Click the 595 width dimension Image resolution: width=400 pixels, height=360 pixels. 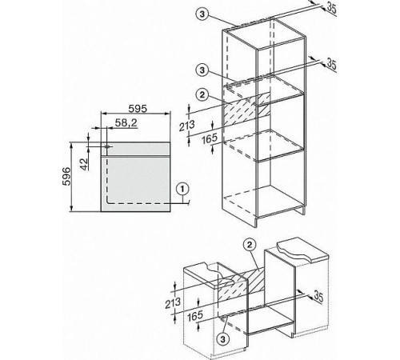point(138,109)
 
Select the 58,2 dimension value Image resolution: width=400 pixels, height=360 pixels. point(126,122)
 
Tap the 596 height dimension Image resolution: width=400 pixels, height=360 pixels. point(66,176)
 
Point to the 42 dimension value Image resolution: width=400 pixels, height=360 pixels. point(84,164)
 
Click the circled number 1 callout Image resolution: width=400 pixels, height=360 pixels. point(182,189)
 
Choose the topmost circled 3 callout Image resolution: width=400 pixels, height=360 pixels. point(202,14)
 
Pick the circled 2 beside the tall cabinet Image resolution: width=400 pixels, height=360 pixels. point(202,94)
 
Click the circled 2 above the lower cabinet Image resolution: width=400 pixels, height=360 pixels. point(250,245)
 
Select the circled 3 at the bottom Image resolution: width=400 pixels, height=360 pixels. point(223,339)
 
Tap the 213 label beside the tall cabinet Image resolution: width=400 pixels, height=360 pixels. point(186,126)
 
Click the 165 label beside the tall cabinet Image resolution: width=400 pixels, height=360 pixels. point(210,138)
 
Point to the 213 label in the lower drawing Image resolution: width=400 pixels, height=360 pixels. point(173,303)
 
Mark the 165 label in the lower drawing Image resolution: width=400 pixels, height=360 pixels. point(195,316)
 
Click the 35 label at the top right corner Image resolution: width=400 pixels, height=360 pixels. point(331,8)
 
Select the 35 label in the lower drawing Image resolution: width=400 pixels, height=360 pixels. point(318,297)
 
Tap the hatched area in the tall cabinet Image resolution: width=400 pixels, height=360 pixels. point(246,110)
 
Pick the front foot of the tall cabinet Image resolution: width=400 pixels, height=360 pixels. point(257,223)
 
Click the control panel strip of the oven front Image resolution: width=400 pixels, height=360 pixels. point(135,149)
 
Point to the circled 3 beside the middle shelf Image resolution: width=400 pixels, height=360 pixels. point(202,70)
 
